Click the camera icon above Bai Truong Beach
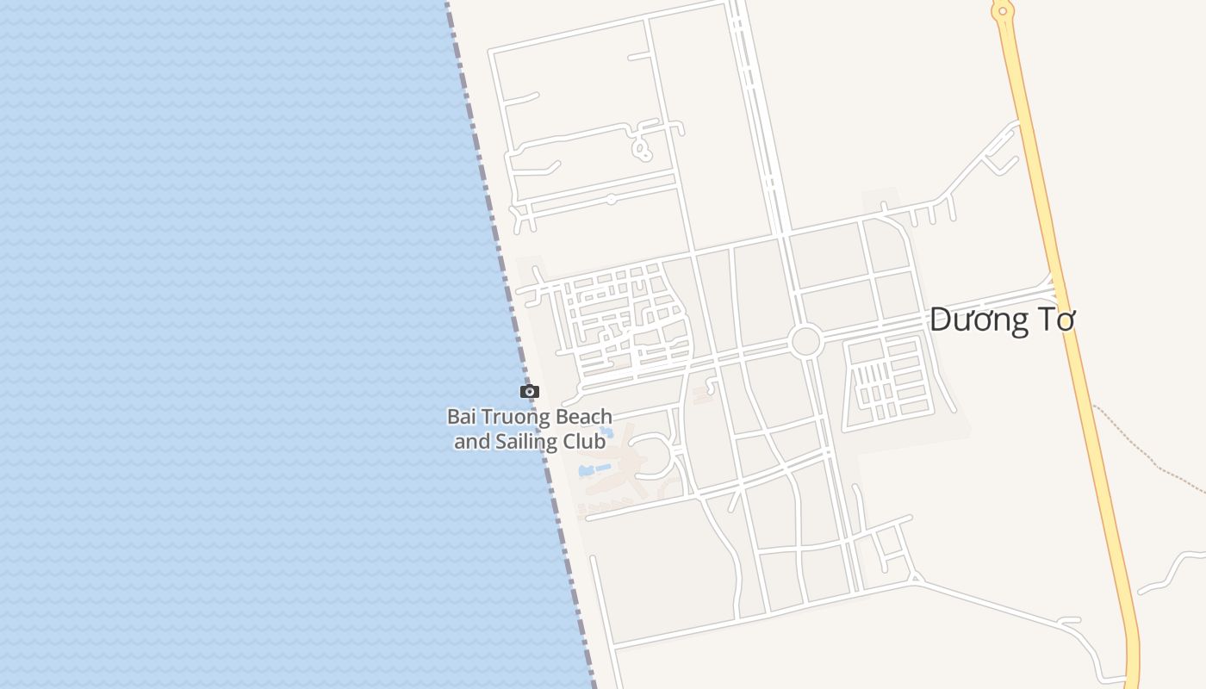530,392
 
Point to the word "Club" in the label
586,442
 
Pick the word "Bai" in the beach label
461,417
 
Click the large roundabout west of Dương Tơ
805,341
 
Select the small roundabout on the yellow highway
1001,11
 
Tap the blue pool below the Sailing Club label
594,470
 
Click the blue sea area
215,344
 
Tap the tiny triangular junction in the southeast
915,575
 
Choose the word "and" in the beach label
471,442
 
